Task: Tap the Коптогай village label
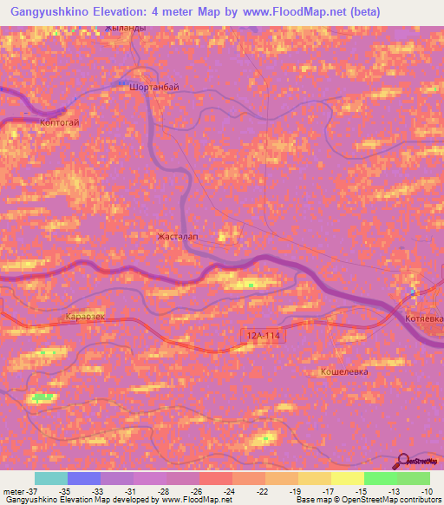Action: [x=60, y=123]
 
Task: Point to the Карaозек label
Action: [x=85, y=318]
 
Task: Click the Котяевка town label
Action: [x=424, y=318]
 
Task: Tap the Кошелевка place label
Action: [x=344, y=371]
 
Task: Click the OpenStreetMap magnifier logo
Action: [x=404, y=462]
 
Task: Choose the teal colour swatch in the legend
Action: [x=51, y=478]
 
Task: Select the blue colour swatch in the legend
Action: [x=84, y=478]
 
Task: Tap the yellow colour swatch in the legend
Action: [x=347, y=478]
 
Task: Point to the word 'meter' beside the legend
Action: [x=11, y=491]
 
